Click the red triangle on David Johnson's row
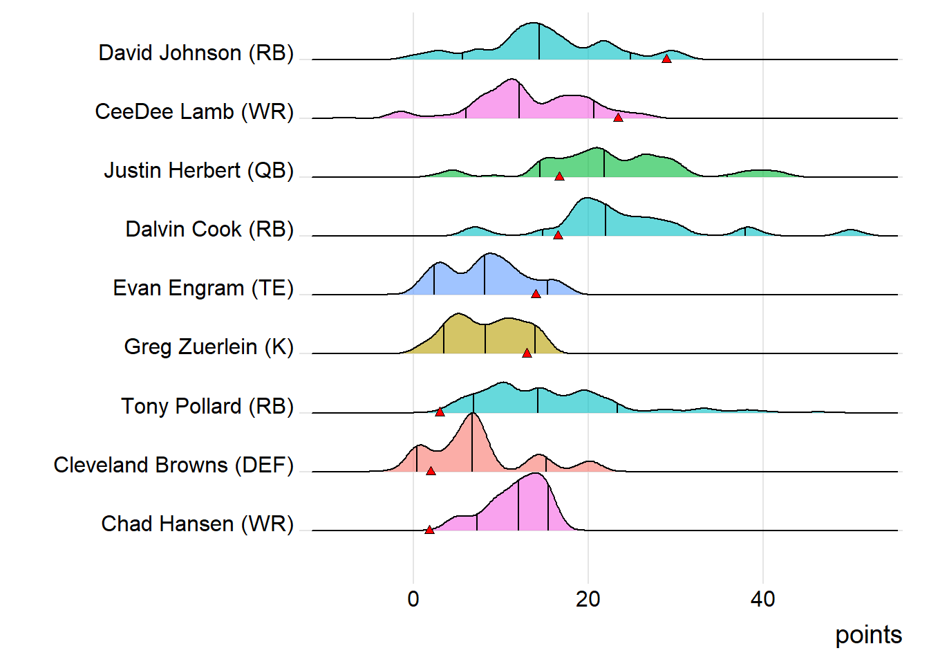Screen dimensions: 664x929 [x=666, y=59]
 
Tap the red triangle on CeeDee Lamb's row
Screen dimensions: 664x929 [x=618, y=118]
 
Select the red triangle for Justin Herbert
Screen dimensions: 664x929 [x=559, y=176]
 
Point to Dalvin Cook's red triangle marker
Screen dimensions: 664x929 [x=558, y=235]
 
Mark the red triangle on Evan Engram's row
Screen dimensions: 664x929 [x=536, y=294]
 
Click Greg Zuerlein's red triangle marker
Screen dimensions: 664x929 [x=527, y=353]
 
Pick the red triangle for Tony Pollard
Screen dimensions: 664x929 [x=440, y=412]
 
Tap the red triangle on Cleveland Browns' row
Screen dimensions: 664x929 [x=431, y=471]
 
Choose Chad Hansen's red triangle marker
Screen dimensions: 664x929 [x=429, y=530]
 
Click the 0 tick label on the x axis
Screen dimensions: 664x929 [x=413, y=599]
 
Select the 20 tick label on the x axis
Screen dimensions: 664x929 [x=588, y=599]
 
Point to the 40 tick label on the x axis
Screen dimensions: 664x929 [x=763, y=599]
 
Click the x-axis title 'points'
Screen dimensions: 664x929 [x=868, y=635]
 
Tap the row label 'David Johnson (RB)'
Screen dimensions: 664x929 [x=196, y=53]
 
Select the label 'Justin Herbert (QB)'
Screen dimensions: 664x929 [x=199, y=170]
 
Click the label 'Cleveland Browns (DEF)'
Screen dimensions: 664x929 [x=173, y=465]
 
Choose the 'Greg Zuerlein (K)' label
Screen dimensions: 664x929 [x=209, y=347]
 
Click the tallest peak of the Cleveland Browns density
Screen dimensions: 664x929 [x=472, y=414]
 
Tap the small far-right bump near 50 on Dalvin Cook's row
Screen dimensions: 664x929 [x=850, y=231]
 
